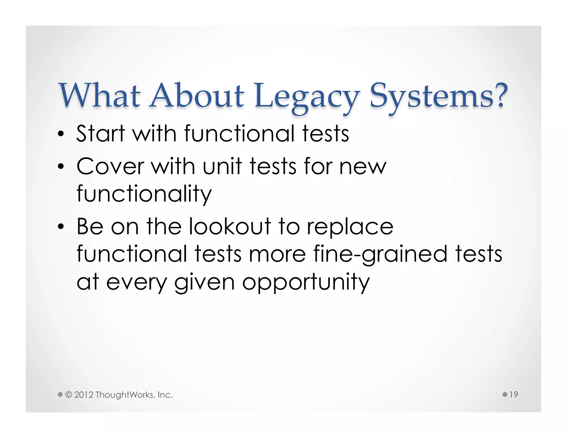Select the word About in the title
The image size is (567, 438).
(197, 96)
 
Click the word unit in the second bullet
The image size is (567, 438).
(222, 167)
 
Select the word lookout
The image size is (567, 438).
(230, 227)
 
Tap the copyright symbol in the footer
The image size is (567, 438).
(68, 395)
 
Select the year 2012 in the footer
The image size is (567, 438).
(84, 395)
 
